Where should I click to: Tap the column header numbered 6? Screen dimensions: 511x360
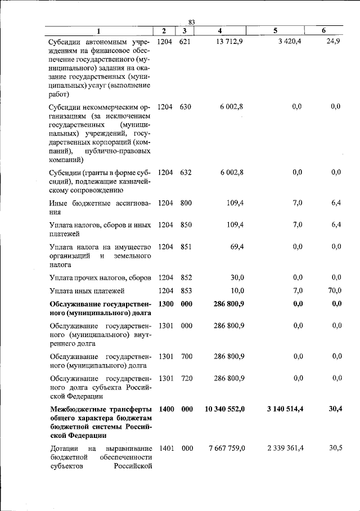tap(325, 30)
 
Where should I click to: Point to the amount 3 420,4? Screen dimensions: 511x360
tap(290, 42)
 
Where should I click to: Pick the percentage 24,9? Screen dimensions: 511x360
tap(334, 42)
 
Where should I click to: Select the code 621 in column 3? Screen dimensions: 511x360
tap(186, 42)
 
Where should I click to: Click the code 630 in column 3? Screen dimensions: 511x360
tap(186, 106)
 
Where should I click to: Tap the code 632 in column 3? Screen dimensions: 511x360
tap(186, 172)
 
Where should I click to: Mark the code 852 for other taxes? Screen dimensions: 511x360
tap(186, 277)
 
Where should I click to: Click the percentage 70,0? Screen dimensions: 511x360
tap(335, 290)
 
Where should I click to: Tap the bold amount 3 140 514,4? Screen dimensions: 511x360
tap(285, 409)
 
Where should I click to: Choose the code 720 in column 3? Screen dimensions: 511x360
tap(186, 378)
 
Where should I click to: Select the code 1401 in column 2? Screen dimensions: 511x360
tap(165, 448)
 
